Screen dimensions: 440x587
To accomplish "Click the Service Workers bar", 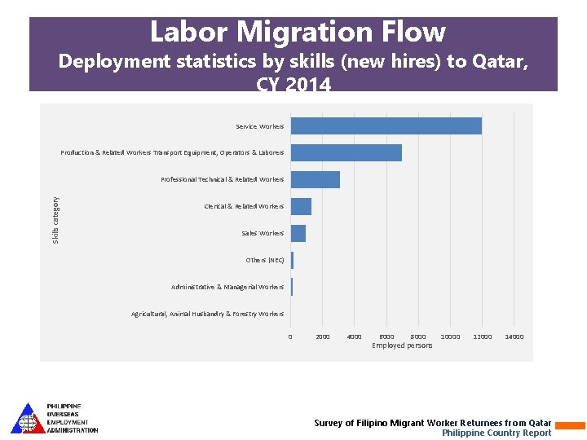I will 386,126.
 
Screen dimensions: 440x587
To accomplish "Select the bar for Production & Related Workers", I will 346,152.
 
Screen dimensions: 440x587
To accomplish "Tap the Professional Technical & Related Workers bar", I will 315,179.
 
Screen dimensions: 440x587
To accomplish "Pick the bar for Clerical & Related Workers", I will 301,206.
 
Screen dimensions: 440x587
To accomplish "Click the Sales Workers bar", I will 298,233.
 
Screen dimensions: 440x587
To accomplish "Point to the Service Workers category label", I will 259,127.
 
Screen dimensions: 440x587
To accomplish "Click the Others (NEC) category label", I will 264,260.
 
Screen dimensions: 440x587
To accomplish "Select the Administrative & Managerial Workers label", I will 227,287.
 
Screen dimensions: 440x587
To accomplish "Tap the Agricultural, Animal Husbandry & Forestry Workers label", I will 207,314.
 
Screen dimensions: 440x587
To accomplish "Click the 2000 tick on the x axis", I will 322,337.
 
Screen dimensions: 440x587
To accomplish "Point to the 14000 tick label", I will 514,337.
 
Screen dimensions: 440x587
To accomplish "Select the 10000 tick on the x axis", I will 450,337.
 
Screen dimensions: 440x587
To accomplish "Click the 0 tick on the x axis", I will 290,337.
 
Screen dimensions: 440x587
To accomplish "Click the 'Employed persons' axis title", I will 402,345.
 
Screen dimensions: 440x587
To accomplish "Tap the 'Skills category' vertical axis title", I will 55,219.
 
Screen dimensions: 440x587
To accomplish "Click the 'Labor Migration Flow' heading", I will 298,32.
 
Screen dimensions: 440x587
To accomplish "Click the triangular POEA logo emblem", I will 28,418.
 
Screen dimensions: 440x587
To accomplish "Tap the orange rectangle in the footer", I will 570,425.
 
